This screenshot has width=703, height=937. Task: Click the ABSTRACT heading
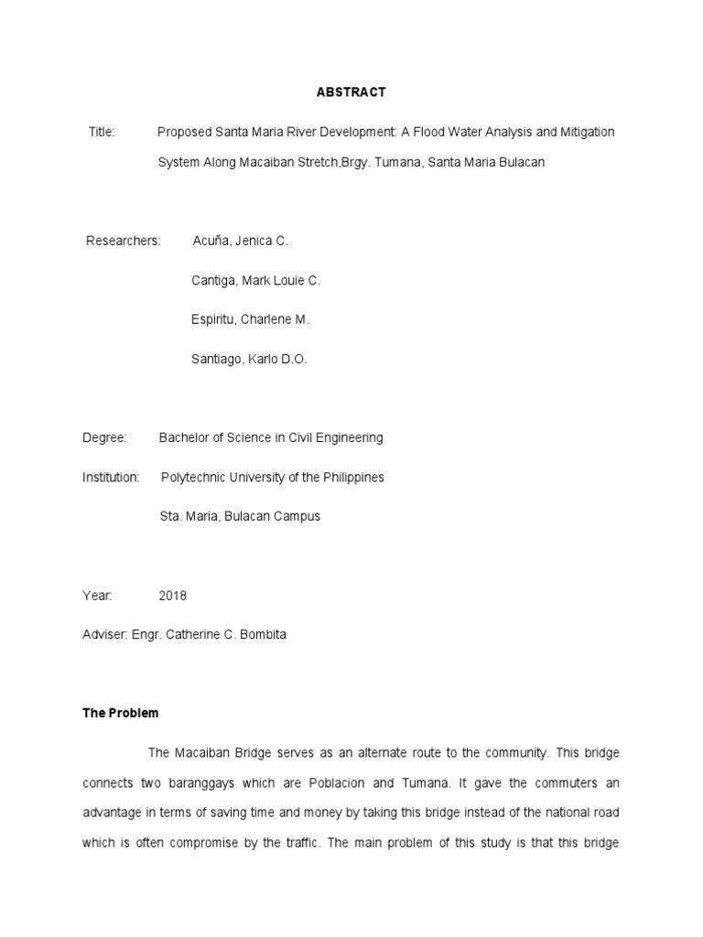click(351, 92)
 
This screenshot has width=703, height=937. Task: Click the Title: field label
click(102, 132)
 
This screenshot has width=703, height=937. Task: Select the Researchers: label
click(124, 241)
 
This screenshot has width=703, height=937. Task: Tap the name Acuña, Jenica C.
click(240, 241)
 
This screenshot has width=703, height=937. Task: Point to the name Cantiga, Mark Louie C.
click(255, 280)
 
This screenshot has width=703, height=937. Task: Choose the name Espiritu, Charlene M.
click(250, 319)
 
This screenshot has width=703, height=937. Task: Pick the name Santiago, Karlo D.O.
click(249, 359)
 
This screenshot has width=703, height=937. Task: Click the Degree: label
click(104, 437)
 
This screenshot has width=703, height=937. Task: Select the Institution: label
click(111, 477)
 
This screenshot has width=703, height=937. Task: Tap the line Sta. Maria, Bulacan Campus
click(240, 516)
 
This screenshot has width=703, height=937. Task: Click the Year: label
click(97, 595)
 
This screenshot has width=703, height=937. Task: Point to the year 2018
click(172, 595)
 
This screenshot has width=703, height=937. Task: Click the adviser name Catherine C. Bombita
click(224, 634)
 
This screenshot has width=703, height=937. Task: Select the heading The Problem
click(120, 713)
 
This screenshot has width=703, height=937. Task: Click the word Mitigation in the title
click(587, 132)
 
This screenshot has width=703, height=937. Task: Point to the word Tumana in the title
click(395, 162)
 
